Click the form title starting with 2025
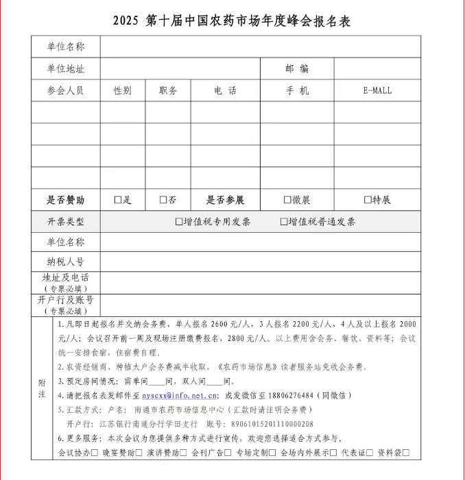pos(232,21)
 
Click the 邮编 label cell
pos(297,68)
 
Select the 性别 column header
pos(123,90)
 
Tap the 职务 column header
pos(168,90)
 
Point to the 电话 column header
pos(225,90)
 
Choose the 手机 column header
pos(297,90)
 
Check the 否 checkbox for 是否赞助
pos(163,200)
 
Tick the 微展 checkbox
pos(287,200)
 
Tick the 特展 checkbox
pos(368,200)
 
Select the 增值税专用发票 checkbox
pos(179,222)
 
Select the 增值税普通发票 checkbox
pos(284,222)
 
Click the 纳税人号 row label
pos(65,262)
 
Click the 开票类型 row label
pos(65,222)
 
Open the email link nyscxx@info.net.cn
pos(180,396)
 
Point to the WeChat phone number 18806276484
pos(300,396)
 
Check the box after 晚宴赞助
pos(139,453)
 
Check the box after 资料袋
pos(406,453)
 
